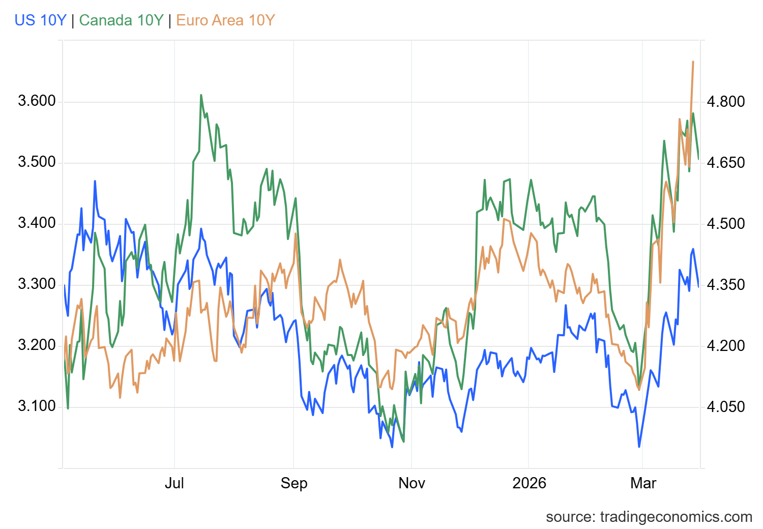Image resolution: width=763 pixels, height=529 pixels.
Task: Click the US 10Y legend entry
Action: tap(40, 20)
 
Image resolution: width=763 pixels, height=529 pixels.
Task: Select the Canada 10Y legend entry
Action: tap(121, 20)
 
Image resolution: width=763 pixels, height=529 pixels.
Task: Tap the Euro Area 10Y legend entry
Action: tap(225, 20)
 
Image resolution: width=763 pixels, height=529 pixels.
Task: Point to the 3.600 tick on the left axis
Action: tap(37, 101)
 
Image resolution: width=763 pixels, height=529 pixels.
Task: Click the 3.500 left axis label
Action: tap(37, 162)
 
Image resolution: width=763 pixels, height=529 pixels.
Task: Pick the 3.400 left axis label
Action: tap(37, 223)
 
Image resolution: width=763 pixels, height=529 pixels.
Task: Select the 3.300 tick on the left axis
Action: tap(37, 284)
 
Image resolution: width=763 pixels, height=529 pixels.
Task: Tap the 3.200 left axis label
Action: tap(37, 345)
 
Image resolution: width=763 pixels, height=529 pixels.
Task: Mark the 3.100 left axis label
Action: tap(37, 406)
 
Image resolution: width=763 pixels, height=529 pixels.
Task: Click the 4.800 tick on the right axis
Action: tap(726, 102)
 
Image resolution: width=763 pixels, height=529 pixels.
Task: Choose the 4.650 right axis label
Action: tap(726, 163)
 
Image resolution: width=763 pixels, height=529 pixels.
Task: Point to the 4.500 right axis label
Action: tap(726, 224)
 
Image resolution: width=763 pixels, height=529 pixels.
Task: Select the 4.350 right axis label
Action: tap(726, 285)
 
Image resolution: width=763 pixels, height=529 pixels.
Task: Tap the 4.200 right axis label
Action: tap(726, 346)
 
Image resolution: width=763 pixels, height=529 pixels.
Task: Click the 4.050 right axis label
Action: tap(726, 407)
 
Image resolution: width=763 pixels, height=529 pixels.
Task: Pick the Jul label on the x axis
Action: tap(174, 483)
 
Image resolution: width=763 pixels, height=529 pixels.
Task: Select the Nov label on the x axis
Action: tap(412, 483)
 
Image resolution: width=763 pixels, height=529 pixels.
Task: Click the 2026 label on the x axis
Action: tap(529, 483)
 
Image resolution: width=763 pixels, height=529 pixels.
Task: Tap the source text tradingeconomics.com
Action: tap(649, 517)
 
